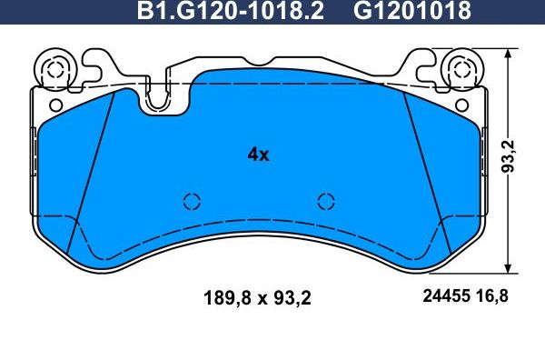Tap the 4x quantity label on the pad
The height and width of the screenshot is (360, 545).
259,155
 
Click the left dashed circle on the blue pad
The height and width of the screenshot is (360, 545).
191,202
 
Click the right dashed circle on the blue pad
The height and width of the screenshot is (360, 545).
325,202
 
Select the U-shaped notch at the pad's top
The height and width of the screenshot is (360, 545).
158,100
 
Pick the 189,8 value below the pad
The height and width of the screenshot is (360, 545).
223,297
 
